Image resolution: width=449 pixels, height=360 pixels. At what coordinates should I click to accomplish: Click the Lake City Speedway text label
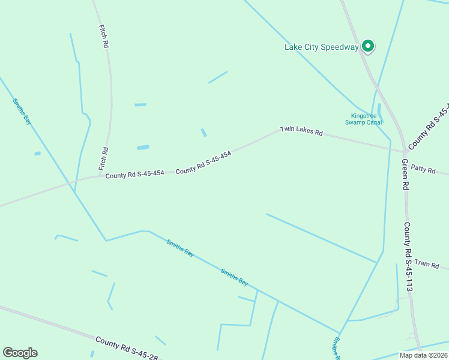point(321,47)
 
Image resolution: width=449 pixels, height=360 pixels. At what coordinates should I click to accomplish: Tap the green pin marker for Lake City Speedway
point(367,46)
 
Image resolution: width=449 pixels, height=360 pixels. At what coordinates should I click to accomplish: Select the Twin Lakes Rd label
point(301,131)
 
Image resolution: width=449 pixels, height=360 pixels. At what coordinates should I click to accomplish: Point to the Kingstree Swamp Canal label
point(363,119)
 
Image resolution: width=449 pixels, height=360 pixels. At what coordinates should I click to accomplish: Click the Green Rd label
point(405,175)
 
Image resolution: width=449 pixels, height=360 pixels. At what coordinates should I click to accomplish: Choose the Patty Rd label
point(423,170)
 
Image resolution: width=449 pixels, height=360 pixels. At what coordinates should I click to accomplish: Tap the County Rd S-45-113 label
point(408,257)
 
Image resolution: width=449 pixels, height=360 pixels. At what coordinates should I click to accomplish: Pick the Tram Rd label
point(427,264)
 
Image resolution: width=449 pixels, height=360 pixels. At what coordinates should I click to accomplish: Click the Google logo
point(20,353)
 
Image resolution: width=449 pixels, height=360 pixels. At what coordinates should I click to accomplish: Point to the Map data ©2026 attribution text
point(423,355)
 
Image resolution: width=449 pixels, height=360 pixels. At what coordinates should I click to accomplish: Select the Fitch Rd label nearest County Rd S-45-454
point(103,158)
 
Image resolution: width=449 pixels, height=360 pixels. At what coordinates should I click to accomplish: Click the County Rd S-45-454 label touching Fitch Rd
point(134,175)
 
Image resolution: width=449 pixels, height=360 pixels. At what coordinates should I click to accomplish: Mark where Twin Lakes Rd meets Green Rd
point(402,152)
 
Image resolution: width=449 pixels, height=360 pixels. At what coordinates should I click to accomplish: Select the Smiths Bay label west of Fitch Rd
point(22,110)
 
